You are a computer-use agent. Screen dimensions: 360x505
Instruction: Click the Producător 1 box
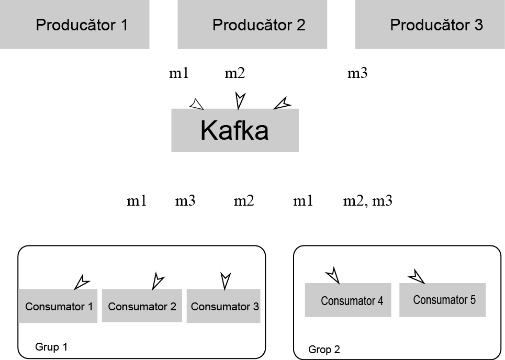pyautogui.click(x=75, y=25)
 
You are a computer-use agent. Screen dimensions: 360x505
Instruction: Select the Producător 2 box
pyautogui.click(x=252, y=25)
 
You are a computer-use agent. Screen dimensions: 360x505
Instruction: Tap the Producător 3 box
pyautogui.click(x=430, y=25)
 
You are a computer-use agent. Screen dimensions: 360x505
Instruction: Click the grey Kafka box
pyautogui.click(x=235, y=130)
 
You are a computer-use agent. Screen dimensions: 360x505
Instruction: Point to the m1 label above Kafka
pyautogui.click(x=178, y=73)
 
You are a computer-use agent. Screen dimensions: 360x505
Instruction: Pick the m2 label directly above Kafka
pyautogui.click(x=235, y=73)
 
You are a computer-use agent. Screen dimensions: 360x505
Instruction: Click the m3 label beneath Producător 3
pyautogui.click(x=357, y=73)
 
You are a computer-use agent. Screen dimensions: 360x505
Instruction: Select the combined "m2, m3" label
pyautogui.click(x=367, y=201)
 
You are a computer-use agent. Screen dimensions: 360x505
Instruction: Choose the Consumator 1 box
pyautogui.click(x=58, y=306)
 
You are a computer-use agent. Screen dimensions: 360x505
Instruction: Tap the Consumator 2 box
pyautogui.click(x=142, y=306)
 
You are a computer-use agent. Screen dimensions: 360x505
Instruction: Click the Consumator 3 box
pyautogui.click(x=224, y=306)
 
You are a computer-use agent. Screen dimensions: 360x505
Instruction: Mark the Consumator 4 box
pyautogui.click(x=348, y=300)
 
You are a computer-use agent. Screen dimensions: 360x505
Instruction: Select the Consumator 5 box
pyautogui.click(x=443, y=300)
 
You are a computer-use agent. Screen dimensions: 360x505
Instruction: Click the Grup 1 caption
pyautogui.click(x=51, y=347)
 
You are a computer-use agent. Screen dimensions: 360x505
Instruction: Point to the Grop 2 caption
pyautogui.click(x=324, y=350)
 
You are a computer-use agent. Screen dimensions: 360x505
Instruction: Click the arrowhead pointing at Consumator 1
pyautogui.click(x=82, y=282)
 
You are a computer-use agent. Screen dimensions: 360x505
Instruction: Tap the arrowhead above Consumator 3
pyautogui.click(x=226, y=280)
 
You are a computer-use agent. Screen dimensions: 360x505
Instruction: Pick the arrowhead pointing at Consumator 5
pyautogui.click(x=417, y=276)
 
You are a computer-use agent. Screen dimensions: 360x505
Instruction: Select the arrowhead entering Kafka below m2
pyautogui.click(x=240, y=100)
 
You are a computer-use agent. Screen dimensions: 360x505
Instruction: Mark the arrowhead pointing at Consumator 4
pyautogui.click(x=333, y=275)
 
